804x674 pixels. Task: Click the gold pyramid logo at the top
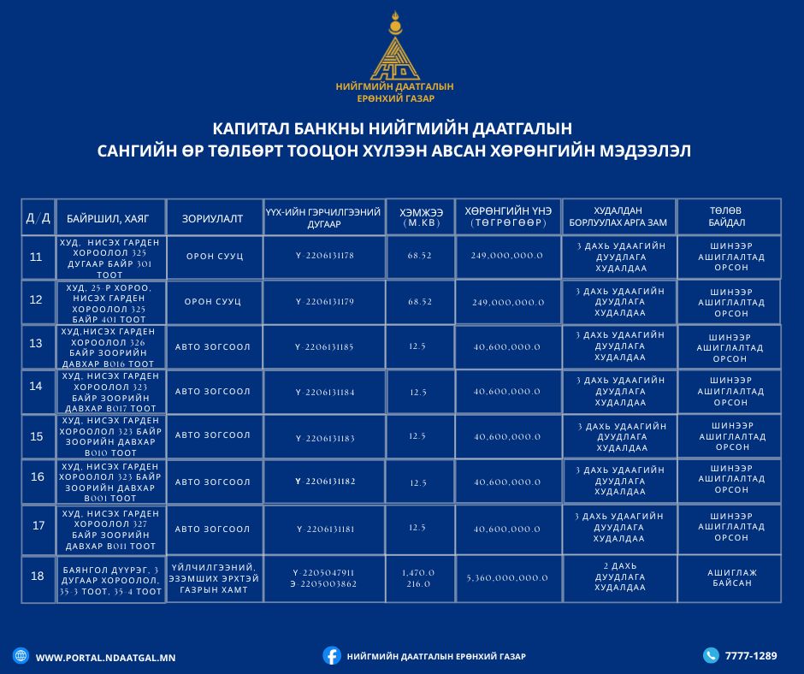coord(394,53)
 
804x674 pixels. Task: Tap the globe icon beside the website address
coord(20,655)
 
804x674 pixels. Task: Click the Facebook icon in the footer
coord(332,655)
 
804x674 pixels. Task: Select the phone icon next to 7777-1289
coord(711,655)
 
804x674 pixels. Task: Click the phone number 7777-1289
coord(751,656)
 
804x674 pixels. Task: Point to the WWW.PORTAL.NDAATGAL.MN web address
coord(105,657)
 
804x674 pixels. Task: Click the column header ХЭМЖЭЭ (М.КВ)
coord(420,217)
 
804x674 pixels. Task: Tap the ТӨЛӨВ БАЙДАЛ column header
coord(727,216)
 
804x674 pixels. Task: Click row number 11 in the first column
coord(37,257)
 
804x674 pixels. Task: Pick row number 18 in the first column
coord(37,576)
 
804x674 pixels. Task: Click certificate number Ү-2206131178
coord(324,256)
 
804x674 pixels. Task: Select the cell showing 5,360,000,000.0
coord(507,578)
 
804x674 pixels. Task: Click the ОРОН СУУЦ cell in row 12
coord(213,302)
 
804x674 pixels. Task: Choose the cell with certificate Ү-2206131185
coord(324,346)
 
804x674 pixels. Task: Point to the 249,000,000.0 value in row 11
coord(506,256)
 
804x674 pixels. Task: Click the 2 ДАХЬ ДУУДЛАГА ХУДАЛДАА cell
coord(619,576)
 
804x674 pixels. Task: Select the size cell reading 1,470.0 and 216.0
coord(418,578)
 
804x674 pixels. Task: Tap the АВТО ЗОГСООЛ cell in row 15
coord(213,435)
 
